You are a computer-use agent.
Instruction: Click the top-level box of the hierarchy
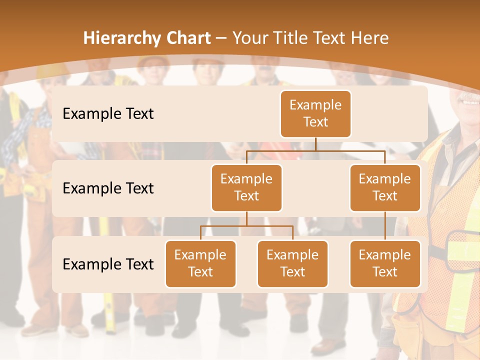click(315, 114)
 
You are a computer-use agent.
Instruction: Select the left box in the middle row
click(246, 188)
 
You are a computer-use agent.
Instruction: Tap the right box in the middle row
click(385, 188)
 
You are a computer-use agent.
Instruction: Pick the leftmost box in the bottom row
click(200, 264)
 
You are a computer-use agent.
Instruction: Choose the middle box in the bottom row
click(292, 264)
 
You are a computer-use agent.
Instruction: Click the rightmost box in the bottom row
click(385, 264)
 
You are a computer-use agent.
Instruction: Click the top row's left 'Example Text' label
click(108, 114)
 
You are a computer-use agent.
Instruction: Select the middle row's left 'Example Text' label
click(108, 188)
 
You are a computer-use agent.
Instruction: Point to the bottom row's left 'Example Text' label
click(108, 264)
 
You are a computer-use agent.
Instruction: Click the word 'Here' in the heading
click(370, 38)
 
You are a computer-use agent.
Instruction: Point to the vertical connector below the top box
click(315, 143)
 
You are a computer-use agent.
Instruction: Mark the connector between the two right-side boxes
click(385, 226)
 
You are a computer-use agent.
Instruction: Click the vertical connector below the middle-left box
click(246, 218)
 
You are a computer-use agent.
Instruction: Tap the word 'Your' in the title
click(250, 38)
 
